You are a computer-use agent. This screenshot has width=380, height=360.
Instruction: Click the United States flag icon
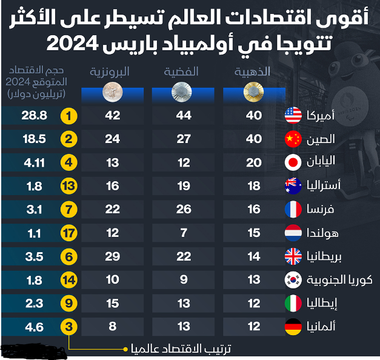[x=293, y=115]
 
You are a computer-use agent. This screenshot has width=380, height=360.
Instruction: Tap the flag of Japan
[x=293, y=162]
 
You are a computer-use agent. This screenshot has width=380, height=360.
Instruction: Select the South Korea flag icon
[x=293, y=279]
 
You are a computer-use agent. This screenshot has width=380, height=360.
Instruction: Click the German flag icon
[x=293, y=327]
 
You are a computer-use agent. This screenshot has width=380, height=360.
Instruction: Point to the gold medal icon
[x=253, y=92]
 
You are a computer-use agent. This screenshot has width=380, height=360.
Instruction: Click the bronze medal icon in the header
[x=112, y=92]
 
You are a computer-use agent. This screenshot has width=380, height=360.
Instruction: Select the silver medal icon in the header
[x=182, y=92]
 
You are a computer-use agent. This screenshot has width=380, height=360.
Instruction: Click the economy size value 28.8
[x=35, y=115]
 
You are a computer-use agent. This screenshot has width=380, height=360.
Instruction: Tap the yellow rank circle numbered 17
[x=70, y=233]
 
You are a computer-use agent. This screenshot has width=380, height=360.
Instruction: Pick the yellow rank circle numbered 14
[x=70, y=279]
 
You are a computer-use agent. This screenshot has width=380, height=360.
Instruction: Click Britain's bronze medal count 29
[x=112, y=256]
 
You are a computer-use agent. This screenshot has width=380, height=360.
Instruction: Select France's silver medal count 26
[x=183, y=209]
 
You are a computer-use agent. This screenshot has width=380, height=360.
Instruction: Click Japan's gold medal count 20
[x=254, y=162]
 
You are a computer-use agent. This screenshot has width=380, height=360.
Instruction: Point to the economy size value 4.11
[x=35, y=162]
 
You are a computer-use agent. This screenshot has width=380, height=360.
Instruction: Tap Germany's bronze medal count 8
[x=112, y=327]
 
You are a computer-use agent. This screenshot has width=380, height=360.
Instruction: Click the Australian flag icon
[x=293, y=185]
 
